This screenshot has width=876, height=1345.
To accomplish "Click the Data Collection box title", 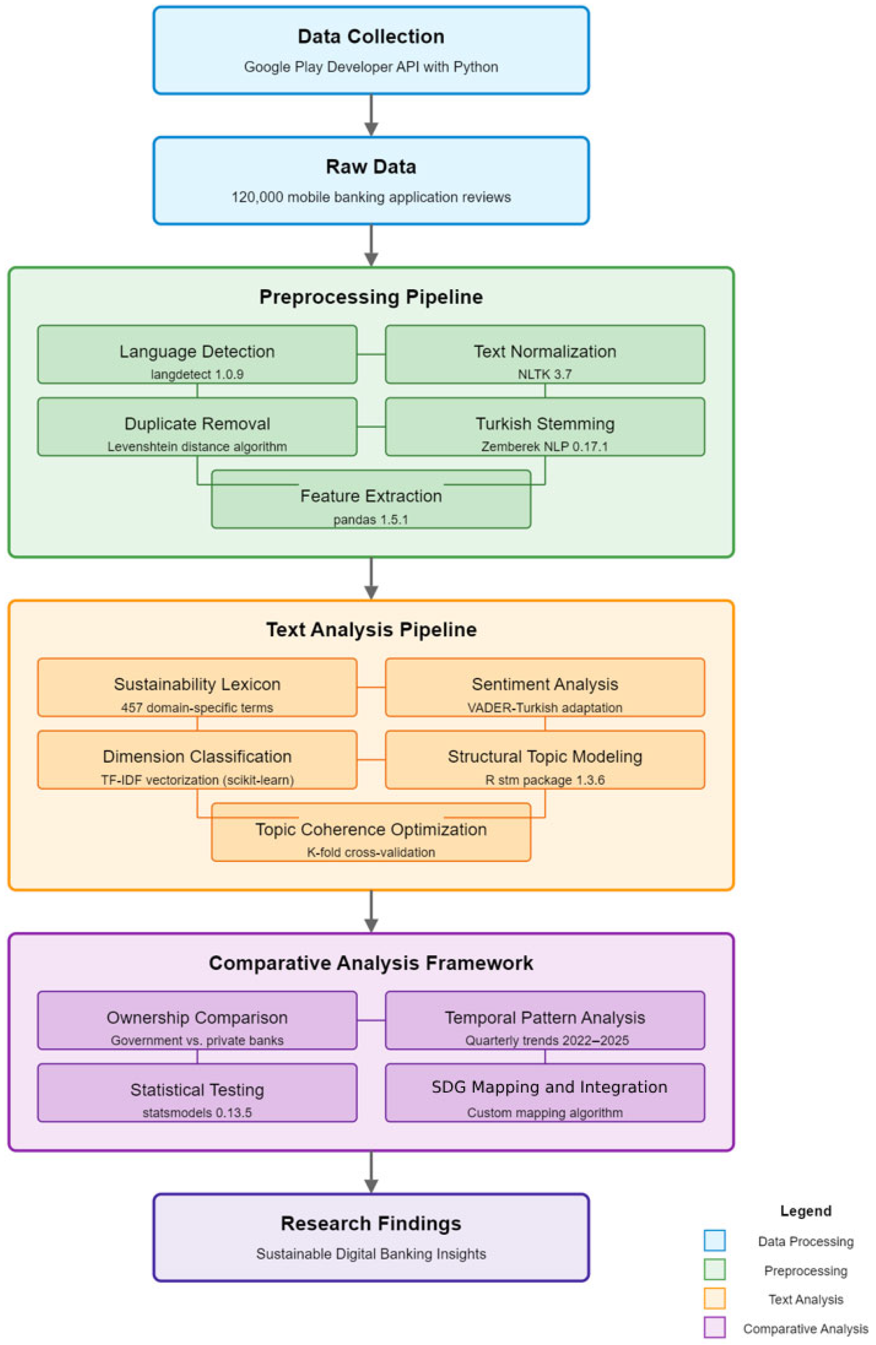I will (371, 37).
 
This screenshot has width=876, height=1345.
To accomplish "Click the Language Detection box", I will (197, 354).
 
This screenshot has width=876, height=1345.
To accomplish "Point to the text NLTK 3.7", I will (545, 374).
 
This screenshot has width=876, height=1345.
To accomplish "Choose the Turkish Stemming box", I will (545, 427).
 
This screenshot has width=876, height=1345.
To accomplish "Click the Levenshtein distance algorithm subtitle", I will (197, 447).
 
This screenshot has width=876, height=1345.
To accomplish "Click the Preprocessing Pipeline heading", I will (371, 297).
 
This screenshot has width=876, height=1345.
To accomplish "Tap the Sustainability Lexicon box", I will (197, 687).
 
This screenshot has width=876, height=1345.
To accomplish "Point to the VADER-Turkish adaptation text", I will (545, 708).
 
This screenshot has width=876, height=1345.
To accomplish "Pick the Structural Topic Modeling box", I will (545, 760).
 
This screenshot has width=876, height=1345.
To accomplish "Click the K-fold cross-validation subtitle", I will (371, 852).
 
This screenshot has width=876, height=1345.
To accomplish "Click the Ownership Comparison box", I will (197, 1021).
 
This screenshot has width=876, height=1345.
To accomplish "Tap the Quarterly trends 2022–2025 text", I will (546, 1040).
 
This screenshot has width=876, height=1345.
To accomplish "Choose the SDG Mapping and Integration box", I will (545, 1093).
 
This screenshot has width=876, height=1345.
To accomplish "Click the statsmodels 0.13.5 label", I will (197, 1113).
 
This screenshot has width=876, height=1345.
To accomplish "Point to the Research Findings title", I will (371, 1224).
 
